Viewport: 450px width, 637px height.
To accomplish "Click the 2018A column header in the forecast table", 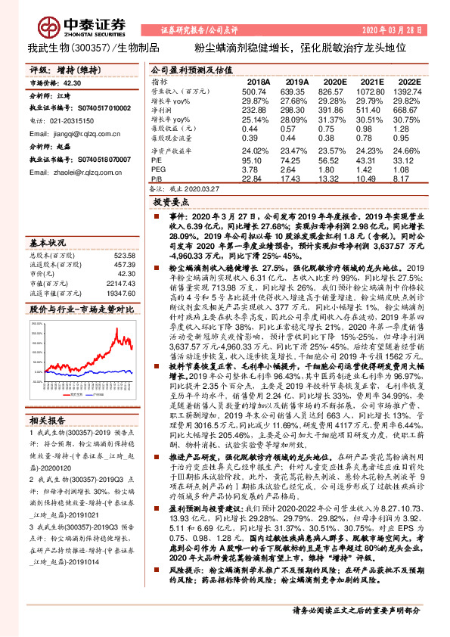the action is tap(259, 80).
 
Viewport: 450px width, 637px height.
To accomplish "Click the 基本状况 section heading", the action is tap(47, 244).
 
